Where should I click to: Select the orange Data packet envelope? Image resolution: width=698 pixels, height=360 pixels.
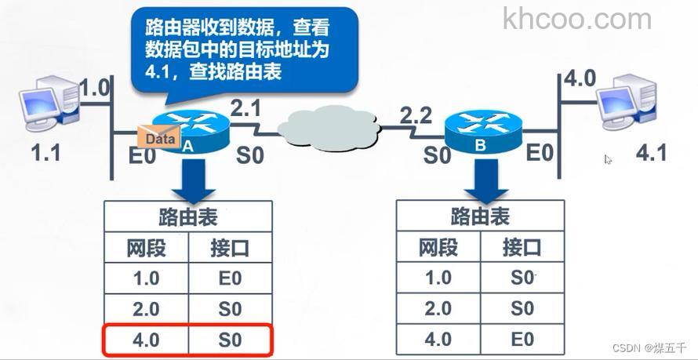tap(157, 137)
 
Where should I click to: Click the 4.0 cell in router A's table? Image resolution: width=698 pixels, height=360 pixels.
tap(147, 340)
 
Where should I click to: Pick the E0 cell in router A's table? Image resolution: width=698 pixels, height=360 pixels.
tap(230, 278)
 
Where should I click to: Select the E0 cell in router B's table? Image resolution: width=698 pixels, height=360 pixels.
tap(522, 339)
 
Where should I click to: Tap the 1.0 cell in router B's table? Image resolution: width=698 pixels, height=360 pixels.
tap(438, 277)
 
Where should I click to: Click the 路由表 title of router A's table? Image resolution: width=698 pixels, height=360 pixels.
tap(188, 217)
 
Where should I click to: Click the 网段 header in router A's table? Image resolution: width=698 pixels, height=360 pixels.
tap(147, 248)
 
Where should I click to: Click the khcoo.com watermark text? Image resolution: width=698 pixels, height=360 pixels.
tap(577, 19)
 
